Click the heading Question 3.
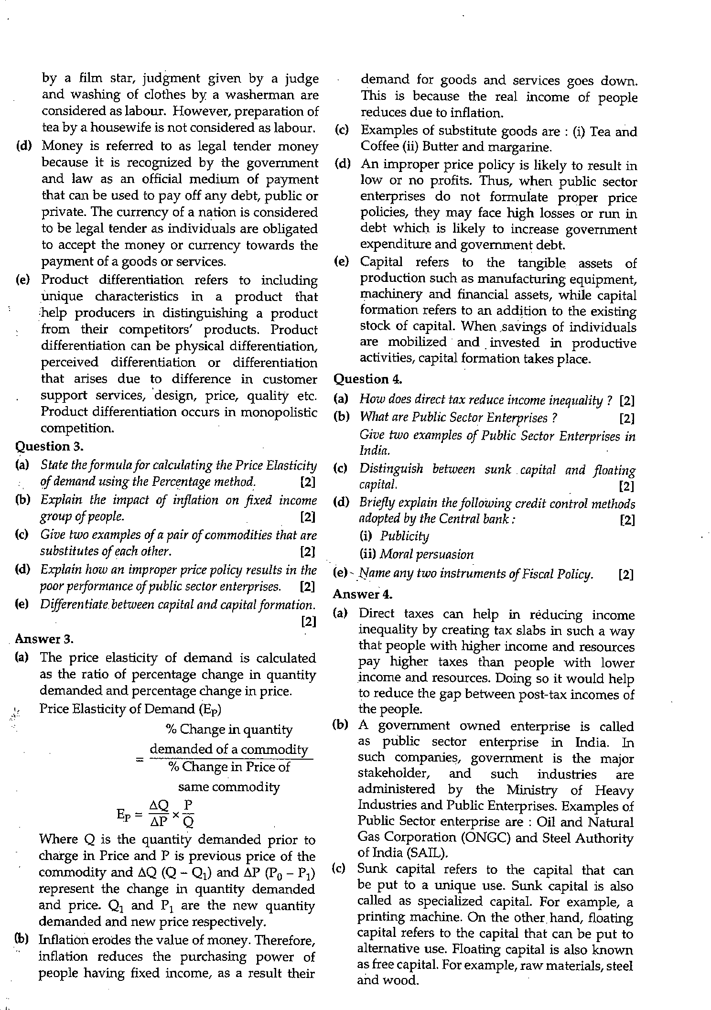(x=50, y=446)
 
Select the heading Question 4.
(x=367, y=379)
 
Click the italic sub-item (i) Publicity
(x=394, y=536)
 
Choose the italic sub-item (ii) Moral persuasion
(x=416, y=555)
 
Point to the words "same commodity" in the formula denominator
(x=228, y=786)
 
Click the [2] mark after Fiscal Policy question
(x=625, y=575)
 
